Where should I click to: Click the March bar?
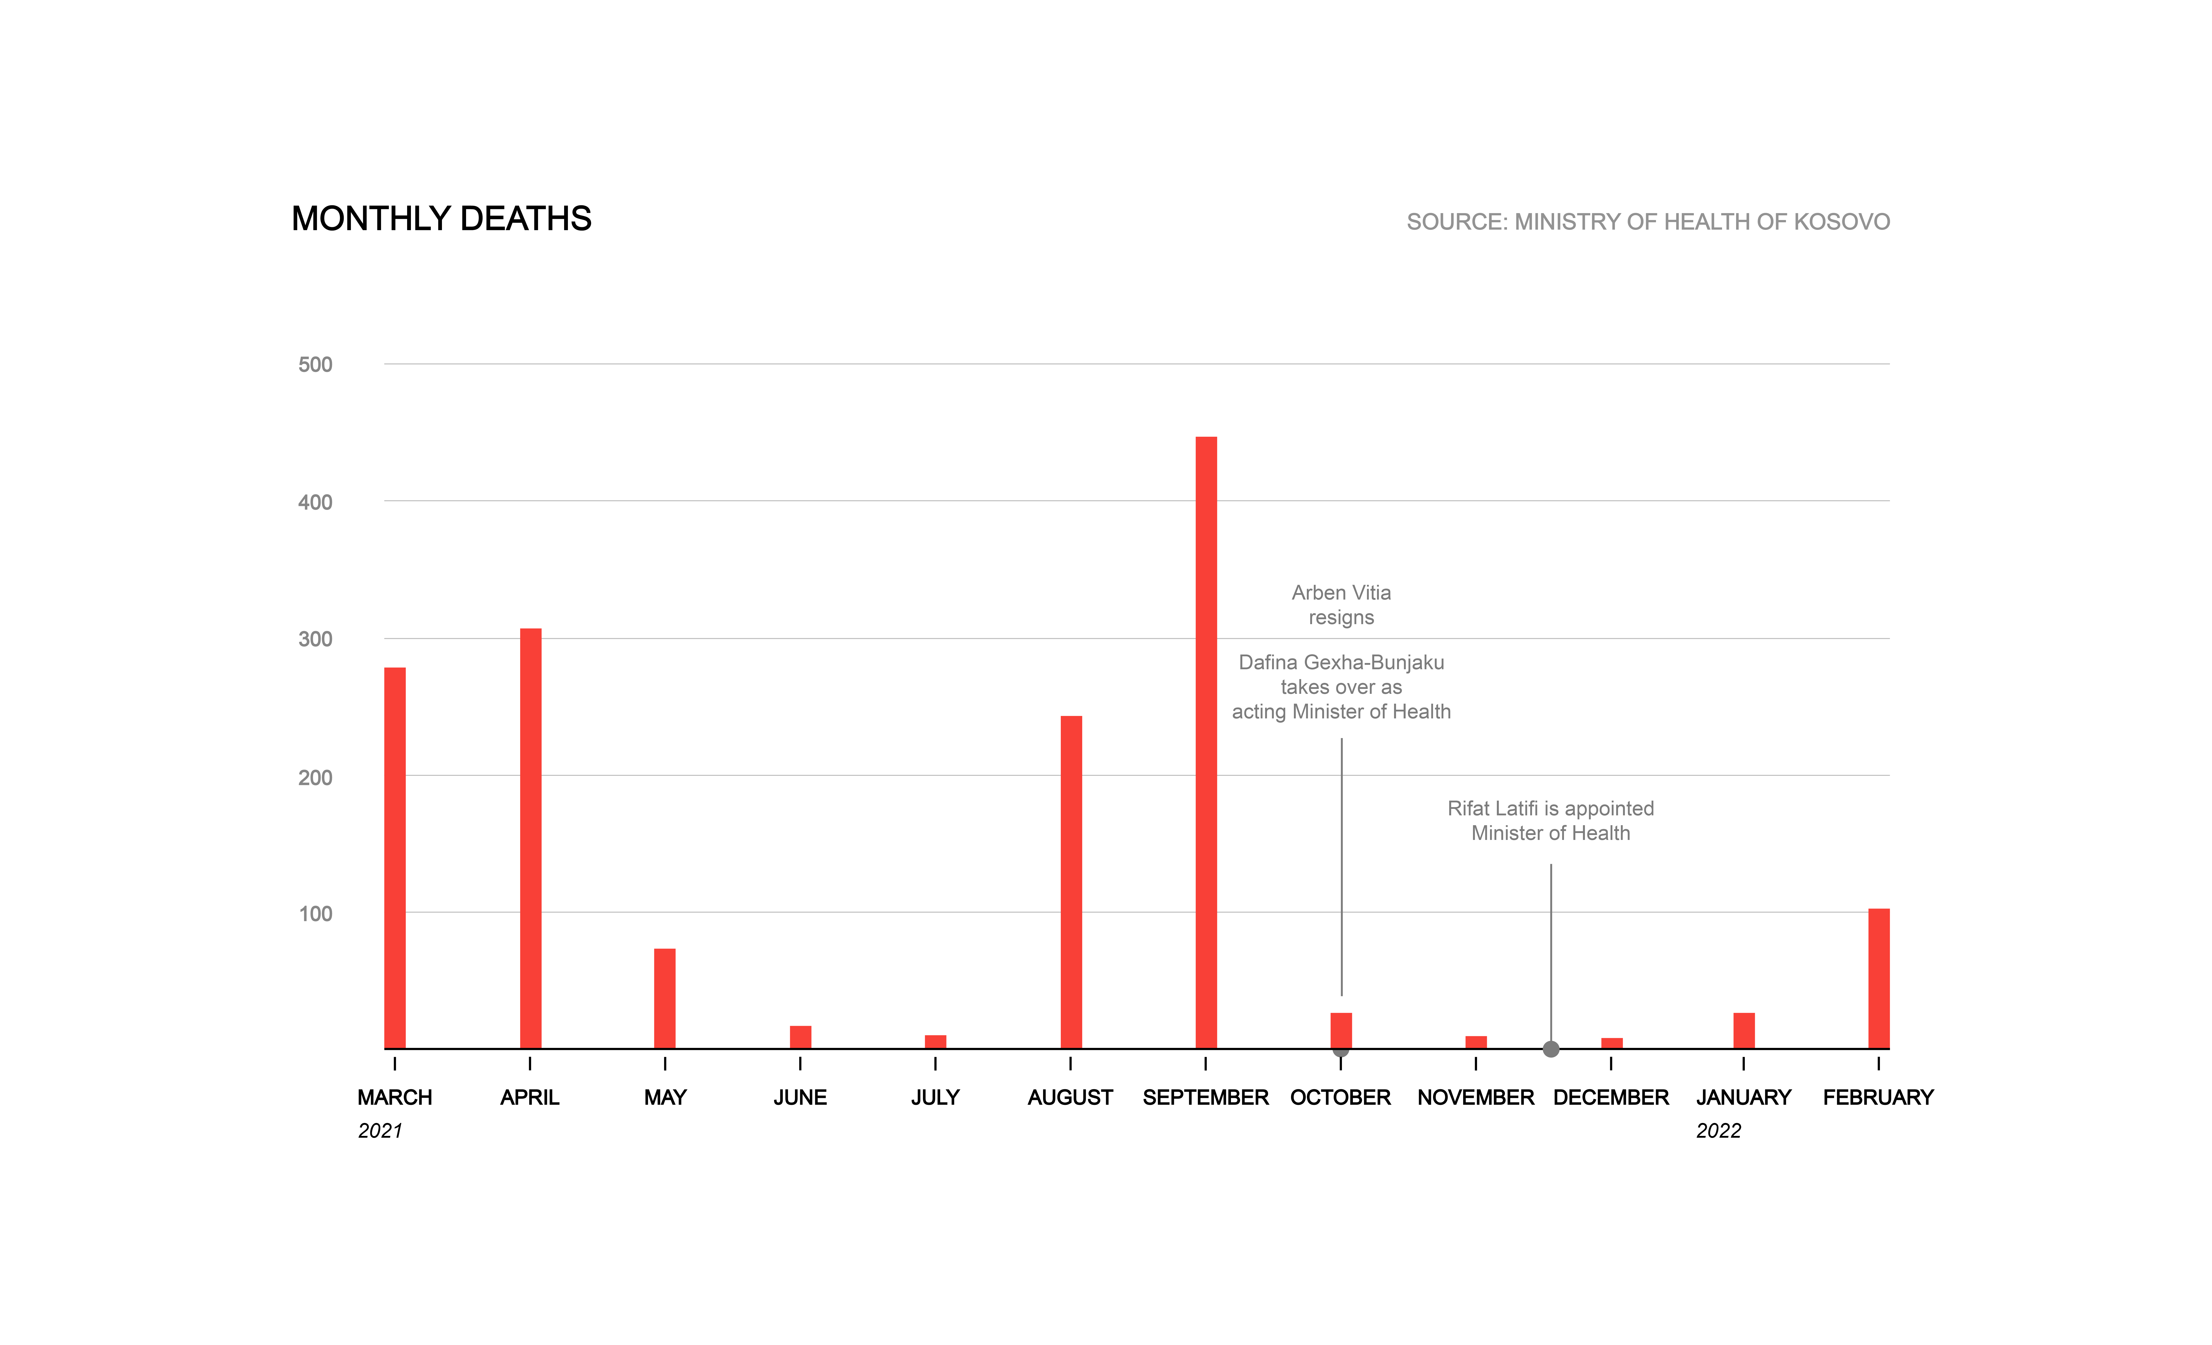click(x=395, y=857)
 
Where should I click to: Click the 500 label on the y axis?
click(x=315, y=365)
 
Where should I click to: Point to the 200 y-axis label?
click(x=315, y=778)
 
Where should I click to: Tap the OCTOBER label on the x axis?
click(x=1340, y=1097)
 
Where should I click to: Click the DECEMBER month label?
click(x=1611, y=1097)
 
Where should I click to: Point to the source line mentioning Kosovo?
click(x=1647, y=222)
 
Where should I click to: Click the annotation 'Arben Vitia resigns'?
click(x=1341, y=604)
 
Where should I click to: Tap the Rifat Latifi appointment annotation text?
click(x=1550, y=821)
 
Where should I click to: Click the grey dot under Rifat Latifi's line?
click(x=1550, y=1049)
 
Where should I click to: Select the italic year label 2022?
click(x=1718, y=1130)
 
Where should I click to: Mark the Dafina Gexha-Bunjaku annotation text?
click(x=1341, y=687)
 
